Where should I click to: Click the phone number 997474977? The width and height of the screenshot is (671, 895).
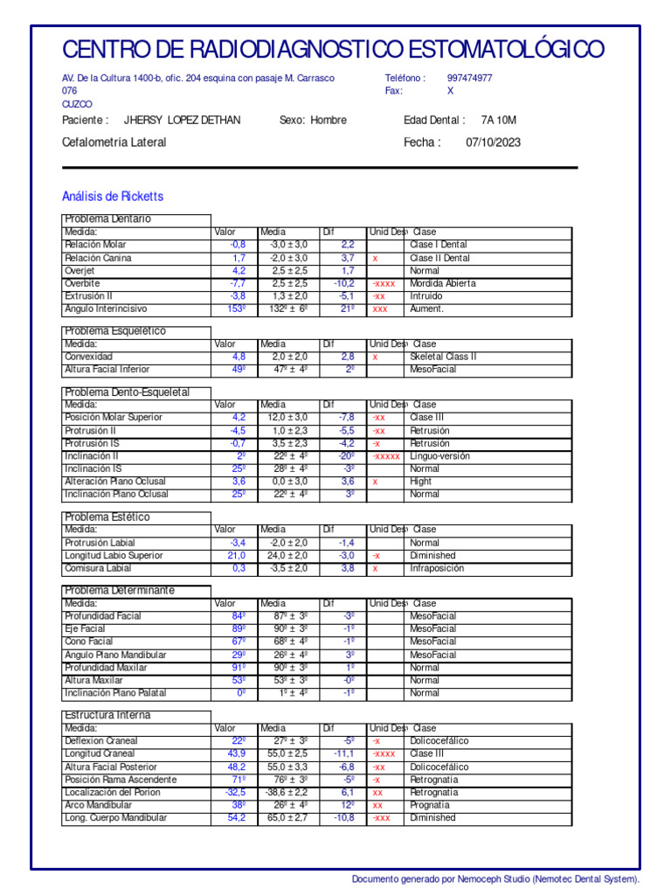(x=469, y=78)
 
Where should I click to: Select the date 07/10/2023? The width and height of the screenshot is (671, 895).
(x=493, y=142)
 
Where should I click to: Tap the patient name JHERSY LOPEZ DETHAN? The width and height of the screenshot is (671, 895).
(x=183, y=120)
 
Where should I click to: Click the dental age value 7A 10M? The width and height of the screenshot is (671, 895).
(x=499, y=120)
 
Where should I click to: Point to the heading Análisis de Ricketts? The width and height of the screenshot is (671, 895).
(x=113, y=197)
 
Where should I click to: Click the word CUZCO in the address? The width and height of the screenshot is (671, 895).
(x=77, y=104)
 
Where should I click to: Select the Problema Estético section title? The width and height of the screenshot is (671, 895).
(x=107, y=517)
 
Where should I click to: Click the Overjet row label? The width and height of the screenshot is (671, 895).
(x=80, y=271)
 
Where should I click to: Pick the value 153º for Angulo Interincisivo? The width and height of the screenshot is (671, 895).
(x=236, y=309)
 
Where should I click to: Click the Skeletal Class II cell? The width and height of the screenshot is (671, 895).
(x=443, y=357)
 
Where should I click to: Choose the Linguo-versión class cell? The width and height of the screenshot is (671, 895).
(x=439, y=456)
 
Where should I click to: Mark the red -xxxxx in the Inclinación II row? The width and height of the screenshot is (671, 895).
(x=385, y=456)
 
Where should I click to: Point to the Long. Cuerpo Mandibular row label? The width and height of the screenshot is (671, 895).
(x=115, y=818)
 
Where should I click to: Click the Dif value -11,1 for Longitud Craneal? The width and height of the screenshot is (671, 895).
(x=343, y=753)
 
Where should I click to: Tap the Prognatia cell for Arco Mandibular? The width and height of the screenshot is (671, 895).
(x=430, y=805)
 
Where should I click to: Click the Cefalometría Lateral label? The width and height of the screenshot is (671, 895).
(x=114, y=142)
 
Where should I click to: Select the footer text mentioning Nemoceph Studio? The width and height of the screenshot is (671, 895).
(x=495, y=878)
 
